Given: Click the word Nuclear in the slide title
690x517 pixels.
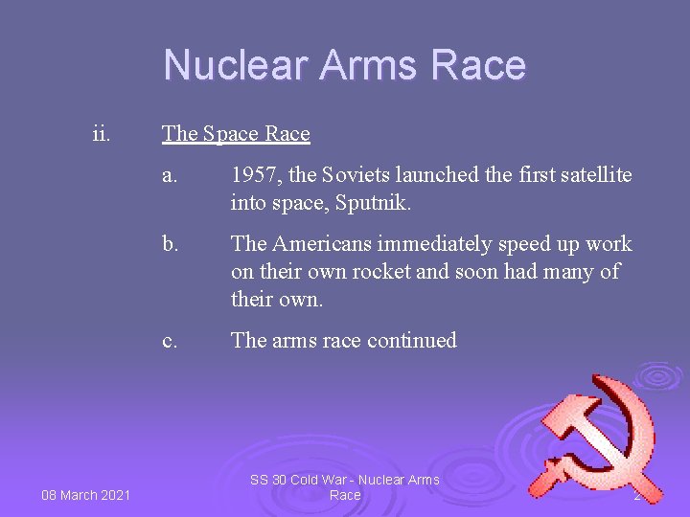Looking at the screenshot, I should pyautogui.click(x=236, y=65).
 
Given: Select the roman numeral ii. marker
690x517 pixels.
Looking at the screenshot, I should pyautogui.click(x=101, y=133).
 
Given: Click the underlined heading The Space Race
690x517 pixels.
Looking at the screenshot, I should pyautogui.click(x=236, y=133).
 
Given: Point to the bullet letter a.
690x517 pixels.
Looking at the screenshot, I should pyautogui.click(x=170, y=175).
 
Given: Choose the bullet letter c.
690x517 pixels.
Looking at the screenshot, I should pyautogui.click(x=170, y=340).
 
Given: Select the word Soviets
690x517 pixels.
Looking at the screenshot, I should pyautogui.click(x=356, y=175).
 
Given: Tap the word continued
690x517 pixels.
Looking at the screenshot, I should pyautogui.click(x=411, y=340).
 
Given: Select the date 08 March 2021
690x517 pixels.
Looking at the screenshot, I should pyautogui.click(x=85, y=495).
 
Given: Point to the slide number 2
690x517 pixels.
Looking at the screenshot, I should pyautogui.click(x=636, y=495).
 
